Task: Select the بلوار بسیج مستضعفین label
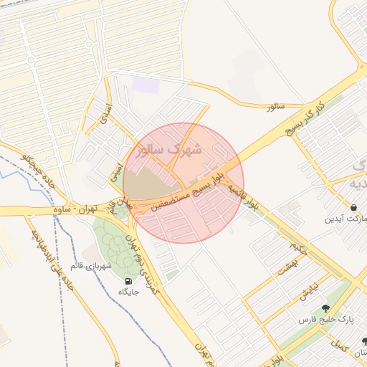[x=189, y=189]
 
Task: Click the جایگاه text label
[x=128, y=292]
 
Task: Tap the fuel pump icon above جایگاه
[x=128, y=282]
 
